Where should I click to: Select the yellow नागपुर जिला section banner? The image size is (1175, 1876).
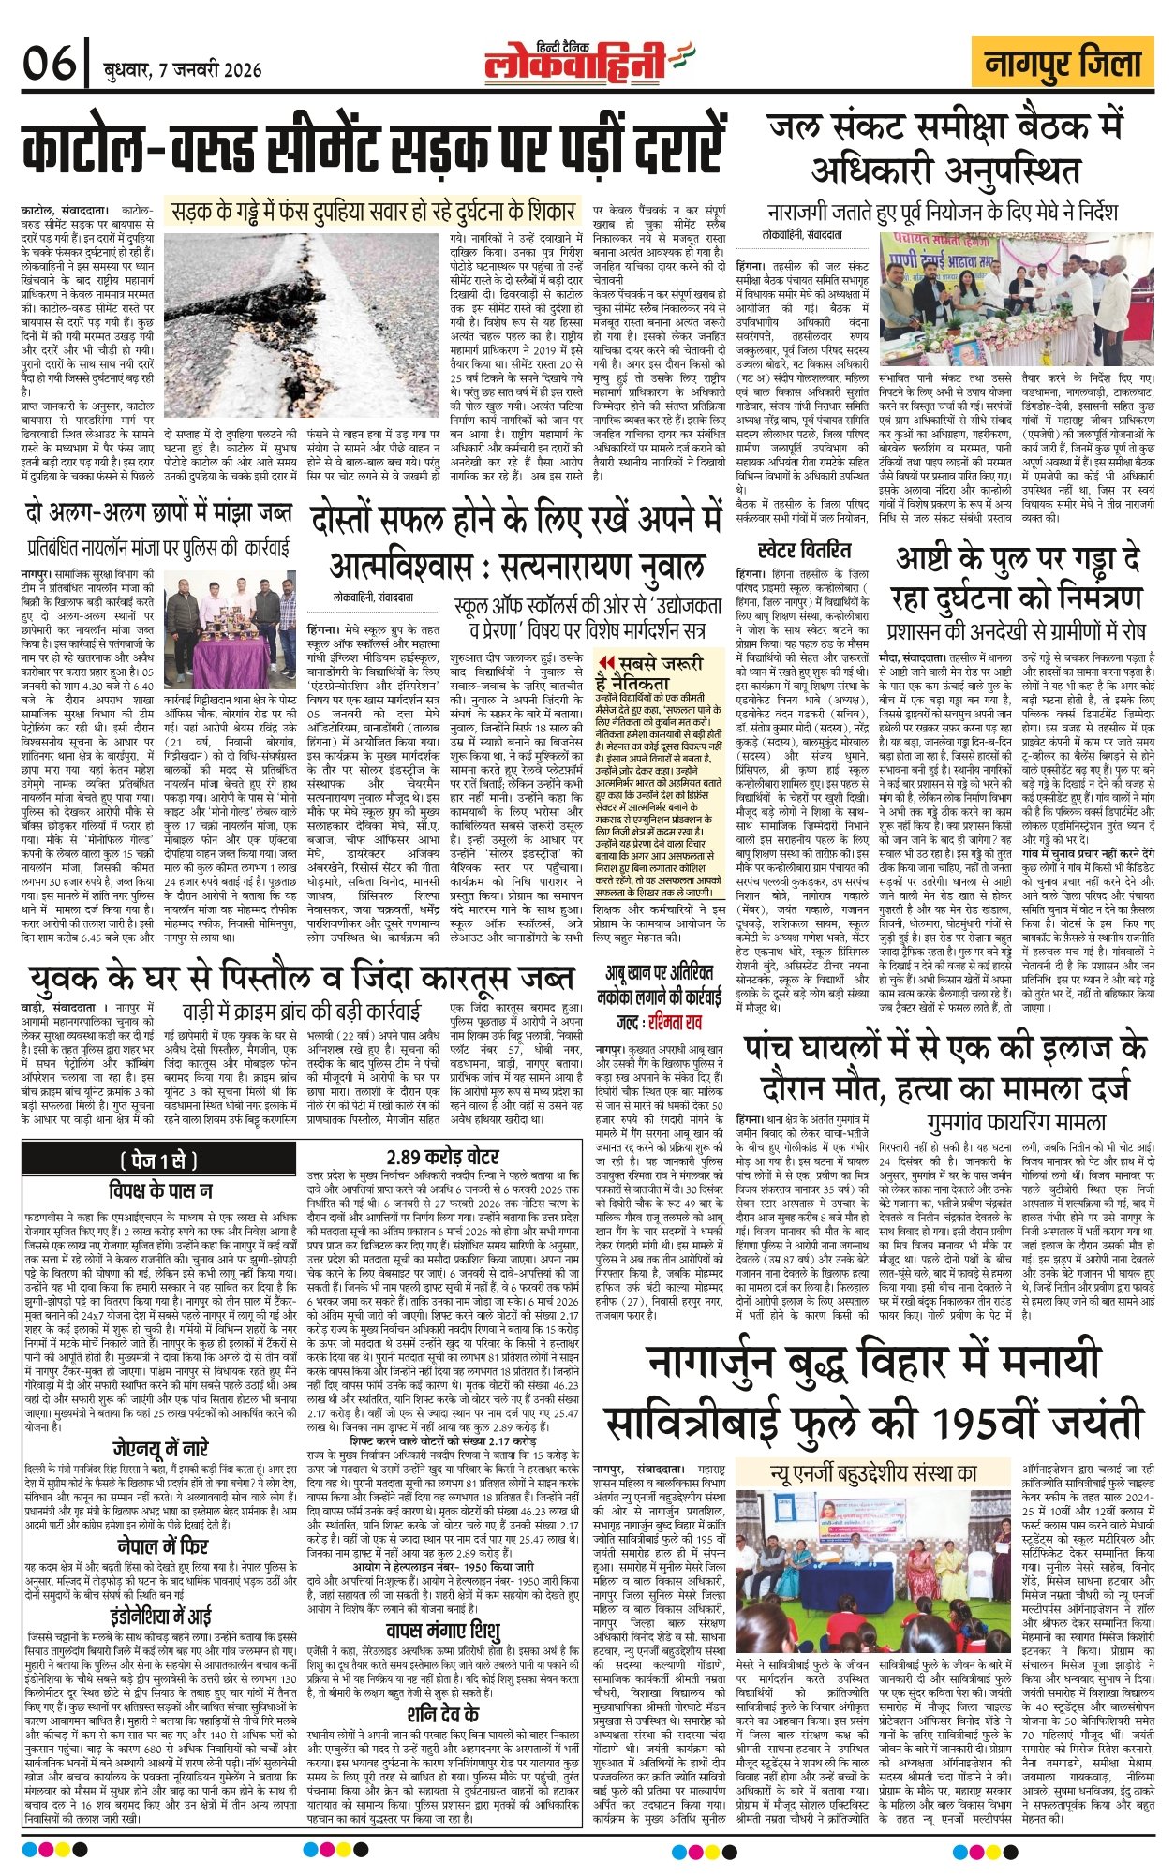1063,64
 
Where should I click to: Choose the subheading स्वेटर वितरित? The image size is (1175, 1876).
804,549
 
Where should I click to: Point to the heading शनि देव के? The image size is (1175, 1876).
444,1714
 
